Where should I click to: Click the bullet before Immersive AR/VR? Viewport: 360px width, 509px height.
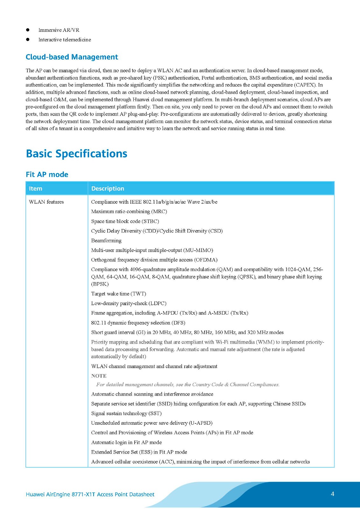pos(28,30)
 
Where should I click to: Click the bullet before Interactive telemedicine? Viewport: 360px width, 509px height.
pos(28,39)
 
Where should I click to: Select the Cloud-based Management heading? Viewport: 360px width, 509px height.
pos(72,57)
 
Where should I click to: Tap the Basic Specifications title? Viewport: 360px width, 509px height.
pos(76,154)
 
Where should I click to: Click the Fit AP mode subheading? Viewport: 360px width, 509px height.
pos(47,174)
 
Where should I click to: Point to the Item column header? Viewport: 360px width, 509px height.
pos(35,188)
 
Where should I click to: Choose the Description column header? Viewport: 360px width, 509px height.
pos(108,188)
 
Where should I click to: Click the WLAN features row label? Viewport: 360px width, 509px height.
pos(46,202)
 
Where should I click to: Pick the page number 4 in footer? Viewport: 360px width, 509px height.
pos(332,494)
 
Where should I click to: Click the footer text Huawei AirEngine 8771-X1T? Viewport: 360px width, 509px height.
pos(90,494)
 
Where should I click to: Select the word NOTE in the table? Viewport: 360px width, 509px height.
pos(99,376)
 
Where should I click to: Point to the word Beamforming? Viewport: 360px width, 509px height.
pos(106,241)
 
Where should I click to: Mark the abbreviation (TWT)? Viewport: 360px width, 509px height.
pos(138,294)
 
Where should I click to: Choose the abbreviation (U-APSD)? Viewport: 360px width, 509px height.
pos(201,423)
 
